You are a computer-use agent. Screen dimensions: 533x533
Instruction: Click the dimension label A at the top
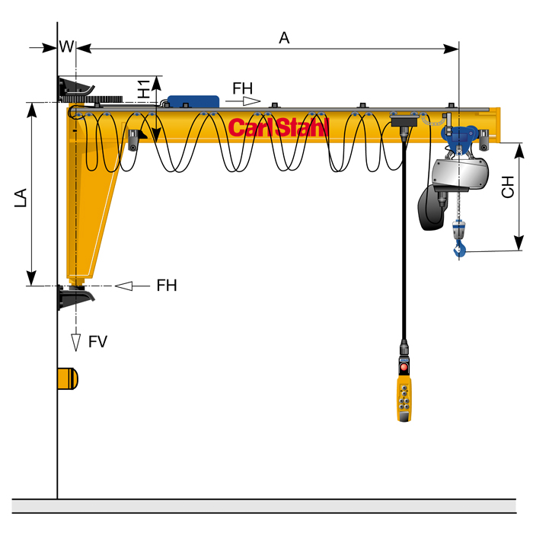click(x=284, y=38)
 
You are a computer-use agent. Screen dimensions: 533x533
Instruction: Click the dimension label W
click(x=66, y=46)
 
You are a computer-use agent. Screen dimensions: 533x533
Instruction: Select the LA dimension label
click(x=21, y=197)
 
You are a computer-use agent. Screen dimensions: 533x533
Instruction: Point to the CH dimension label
click(x=508, y=187)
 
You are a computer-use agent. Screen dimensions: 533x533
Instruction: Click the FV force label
click(x=97, y=342)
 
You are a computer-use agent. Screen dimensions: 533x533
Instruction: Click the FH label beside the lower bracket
click(x=167, y=286)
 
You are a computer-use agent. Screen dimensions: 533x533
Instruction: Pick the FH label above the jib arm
click(x=242, y=88)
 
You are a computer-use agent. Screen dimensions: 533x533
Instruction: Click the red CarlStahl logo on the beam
click(x=278, y=127)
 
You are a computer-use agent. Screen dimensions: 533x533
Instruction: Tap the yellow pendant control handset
click(x=404, y=391)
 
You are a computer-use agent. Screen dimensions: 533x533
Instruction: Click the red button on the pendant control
click(x=403, y=367)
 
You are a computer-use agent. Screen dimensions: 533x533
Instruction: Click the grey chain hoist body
click(x=461, y=176)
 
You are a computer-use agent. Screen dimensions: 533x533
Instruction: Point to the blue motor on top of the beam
click(x=193, y=102)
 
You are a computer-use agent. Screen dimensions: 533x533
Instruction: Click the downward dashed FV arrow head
click(x=75, y=342)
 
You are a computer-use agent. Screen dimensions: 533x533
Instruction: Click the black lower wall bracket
click(x=73, y=296)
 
